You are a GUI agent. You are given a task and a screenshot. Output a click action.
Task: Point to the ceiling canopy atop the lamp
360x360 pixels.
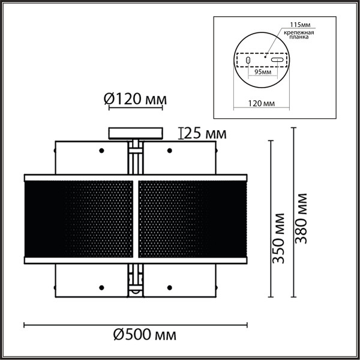[x=135, y=133]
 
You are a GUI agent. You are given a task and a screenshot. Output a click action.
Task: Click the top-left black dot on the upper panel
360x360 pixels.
[x=101, y=149]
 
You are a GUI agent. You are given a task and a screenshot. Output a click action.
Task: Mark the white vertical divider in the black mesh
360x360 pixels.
[x=136, y=219]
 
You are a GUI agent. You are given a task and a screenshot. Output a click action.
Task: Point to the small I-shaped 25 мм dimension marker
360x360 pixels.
[x=181, y=132]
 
